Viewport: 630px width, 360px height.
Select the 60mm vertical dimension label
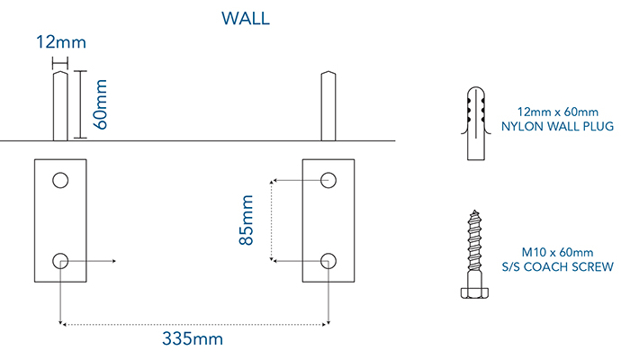pyautogui.click(x=102, y=104)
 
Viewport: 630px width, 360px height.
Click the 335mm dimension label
pyautogui.click(x=192, y=338)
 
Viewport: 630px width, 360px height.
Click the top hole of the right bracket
pyautogui.click(x=328, y=180)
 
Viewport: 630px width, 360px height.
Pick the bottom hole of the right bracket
pyautogui.click(x=328, y=261)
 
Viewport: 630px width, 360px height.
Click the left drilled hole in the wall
pyautogui.click(x=60, y=106)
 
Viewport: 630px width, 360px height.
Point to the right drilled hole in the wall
pyautogui.click(x=329, y=106)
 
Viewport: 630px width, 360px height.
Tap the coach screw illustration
pyautogui.click(x=476, y=254)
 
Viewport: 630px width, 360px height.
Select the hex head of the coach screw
pyautogui.click(x=476, y=292)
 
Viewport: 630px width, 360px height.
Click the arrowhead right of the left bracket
pyautogui.click(x=115, y=261)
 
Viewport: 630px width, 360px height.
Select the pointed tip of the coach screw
pyautogui.click(x=476, y=211)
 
